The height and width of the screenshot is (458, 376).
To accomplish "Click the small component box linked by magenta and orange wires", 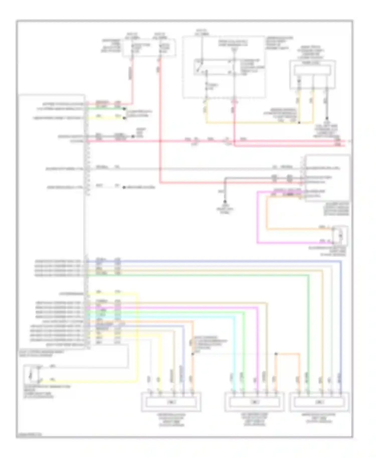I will pos(340,236).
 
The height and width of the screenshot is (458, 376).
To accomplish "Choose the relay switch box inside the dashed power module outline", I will pos(214,67).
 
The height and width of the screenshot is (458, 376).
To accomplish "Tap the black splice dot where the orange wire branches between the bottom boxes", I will pos(276,354).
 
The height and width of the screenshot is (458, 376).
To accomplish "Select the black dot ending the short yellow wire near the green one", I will pos(124,118).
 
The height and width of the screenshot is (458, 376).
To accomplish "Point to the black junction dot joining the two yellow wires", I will pos(299,123).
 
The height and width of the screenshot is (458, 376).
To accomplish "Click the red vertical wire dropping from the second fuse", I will pos(160,120).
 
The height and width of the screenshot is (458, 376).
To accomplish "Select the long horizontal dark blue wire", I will pos(213,261).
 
